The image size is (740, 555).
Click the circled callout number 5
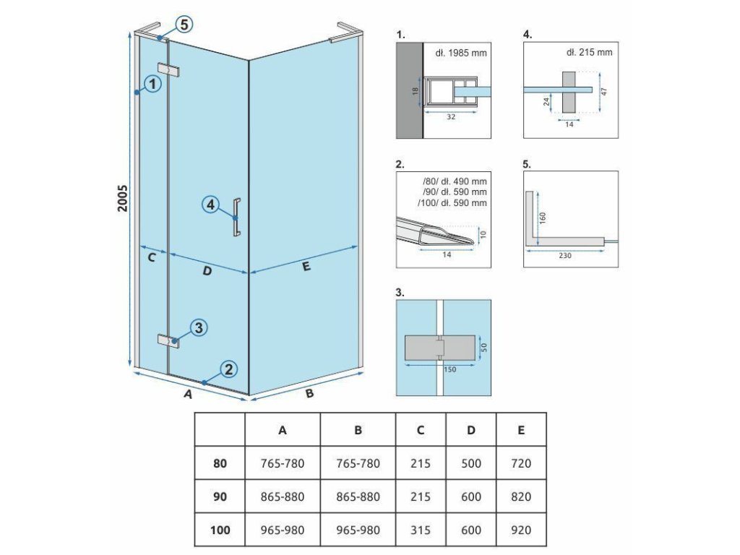point(184,25)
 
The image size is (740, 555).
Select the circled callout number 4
point(210,205)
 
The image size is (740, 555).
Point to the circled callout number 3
point(199,328)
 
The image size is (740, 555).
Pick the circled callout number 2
point(228,370)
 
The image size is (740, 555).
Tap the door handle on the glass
point(236,217)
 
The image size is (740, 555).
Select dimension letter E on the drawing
point(306,267)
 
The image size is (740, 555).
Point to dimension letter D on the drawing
point(207,271)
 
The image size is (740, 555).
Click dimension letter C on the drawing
point(152,257)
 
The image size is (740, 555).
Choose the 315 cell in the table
point(421,530)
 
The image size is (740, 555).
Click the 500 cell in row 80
point(471,463)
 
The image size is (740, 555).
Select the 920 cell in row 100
point(520,530)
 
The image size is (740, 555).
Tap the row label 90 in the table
point(220,496)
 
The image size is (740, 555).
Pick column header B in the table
point(358,430)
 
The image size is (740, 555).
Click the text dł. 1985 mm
point(461,52)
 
